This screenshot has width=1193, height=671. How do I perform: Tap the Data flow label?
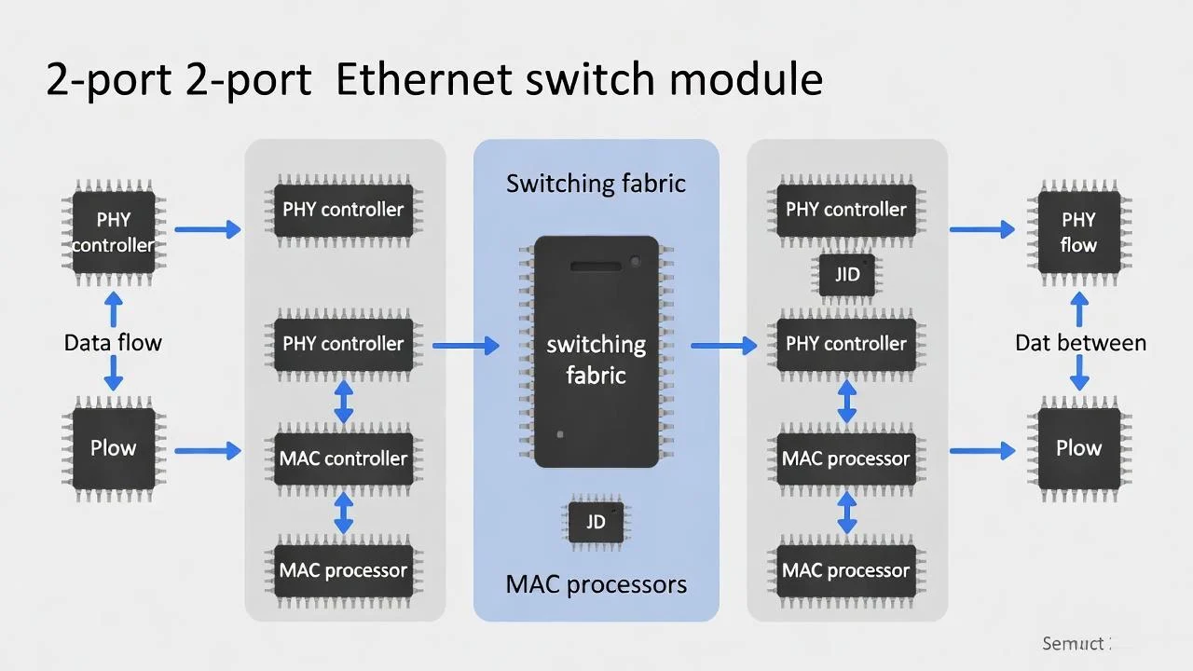click(113, 343)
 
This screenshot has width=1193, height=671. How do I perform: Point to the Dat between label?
click(1080, 343)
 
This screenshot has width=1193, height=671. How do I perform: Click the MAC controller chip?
click(343, 459)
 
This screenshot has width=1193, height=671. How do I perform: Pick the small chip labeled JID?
click(846, 276)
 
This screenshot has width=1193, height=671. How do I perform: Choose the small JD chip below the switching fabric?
click(596, 522)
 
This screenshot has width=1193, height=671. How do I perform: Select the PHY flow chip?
click(1078, 233)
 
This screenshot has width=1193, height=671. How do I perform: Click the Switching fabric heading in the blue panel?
click(596, 184)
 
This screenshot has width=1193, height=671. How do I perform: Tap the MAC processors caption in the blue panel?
click(596, 585)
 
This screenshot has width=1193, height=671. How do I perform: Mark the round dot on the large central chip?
click(636, 261)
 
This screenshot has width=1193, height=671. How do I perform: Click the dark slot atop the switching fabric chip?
click(596, 267)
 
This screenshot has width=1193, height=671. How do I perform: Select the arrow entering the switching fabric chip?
click(466, 347)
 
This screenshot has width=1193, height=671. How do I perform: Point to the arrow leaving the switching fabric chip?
click(723, 347)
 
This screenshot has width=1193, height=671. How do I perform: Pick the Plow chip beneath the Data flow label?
click(113, 448)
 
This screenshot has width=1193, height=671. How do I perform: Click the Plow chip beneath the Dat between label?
click(1078, 448)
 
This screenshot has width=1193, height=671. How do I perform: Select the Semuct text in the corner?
click(1073, 644)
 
